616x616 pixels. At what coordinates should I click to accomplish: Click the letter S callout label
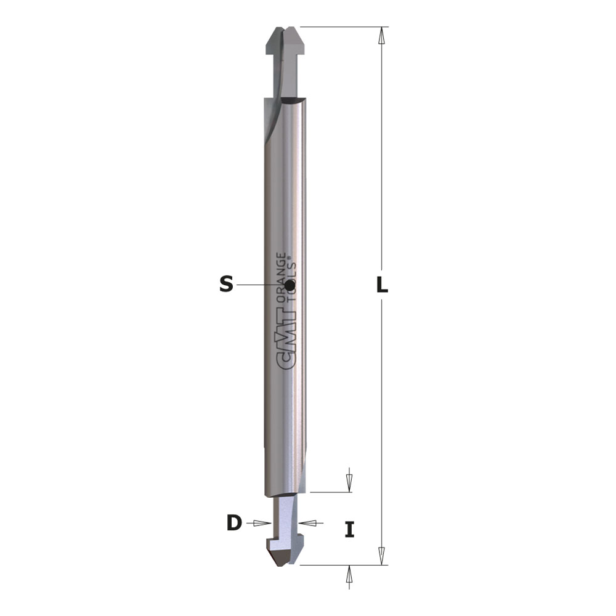(226, 284)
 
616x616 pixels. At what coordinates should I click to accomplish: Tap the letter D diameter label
(234, 523)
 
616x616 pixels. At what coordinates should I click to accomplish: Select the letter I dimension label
(349, 529)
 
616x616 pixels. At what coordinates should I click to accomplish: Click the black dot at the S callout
(290, 285)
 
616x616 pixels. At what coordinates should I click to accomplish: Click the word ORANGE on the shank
(282, 277)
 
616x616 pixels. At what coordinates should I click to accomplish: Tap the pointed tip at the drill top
(286, 28)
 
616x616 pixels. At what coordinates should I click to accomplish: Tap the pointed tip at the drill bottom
(280, 565)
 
